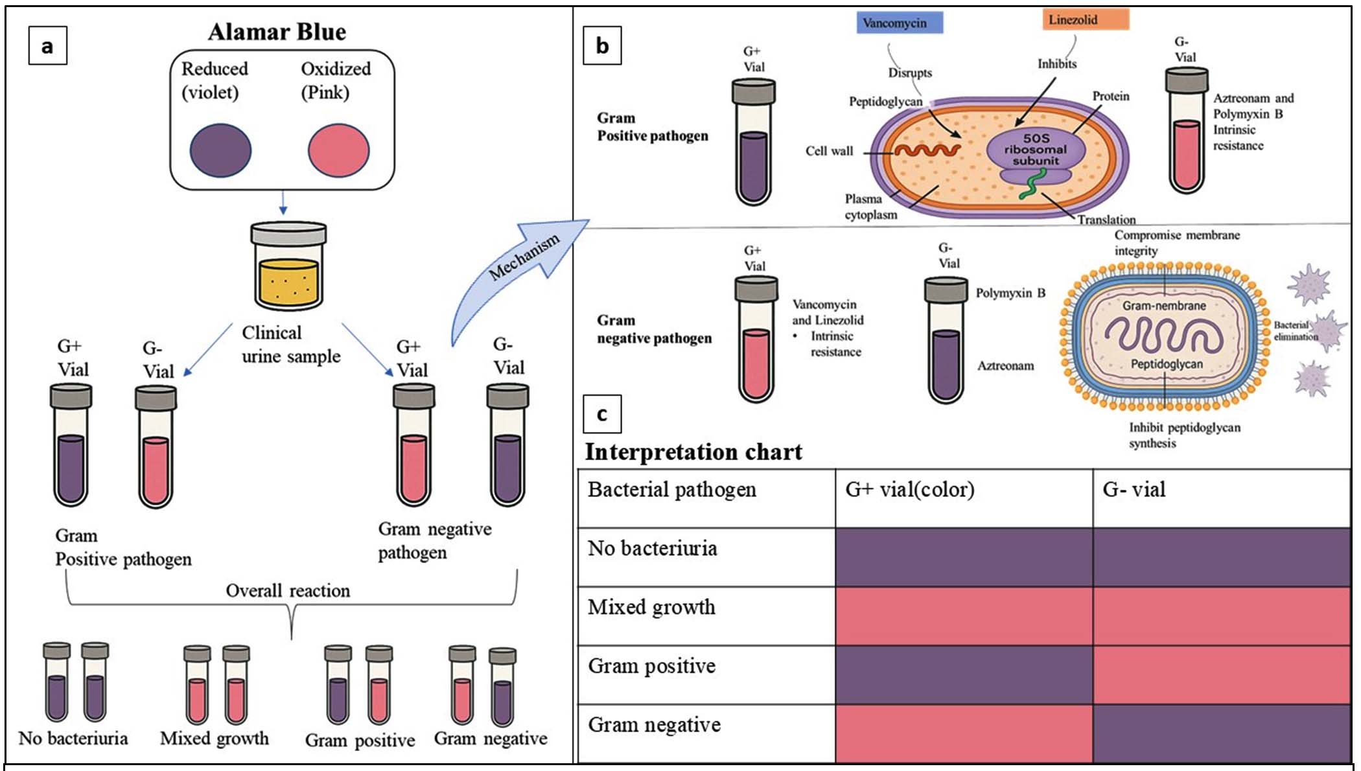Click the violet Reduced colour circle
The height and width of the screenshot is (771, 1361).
tap(220, 150)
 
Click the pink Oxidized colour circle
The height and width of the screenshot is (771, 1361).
tap(338, 150)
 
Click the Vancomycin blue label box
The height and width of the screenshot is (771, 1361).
tap(899, 23)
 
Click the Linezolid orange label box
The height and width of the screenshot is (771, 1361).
tap(1085, 20)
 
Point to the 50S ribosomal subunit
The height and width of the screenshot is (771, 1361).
tap(1036, 150)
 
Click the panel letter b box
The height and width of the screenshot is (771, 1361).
tap(602, 46)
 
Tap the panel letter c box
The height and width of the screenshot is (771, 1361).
tap(602, 414)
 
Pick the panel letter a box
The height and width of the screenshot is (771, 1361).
tap(47, 46)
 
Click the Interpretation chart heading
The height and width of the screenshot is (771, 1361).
tap(693, 452)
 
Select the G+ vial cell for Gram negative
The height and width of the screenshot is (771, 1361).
tap(964, 733)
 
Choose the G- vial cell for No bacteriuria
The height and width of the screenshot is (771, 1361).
tap(1221, 557)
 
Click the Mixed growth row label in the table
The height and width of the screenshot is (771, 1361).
tap(651, 608)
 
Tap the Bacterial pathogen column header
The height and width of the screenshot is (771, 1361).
tap(671, 490)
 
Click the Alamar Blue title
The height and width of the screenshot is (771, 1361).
tap(277, 32)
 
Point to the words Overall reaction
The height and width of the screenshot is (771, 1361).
tap(288, 591)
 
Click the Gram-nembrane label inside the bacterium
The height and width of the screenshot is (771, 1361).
tap(1164, 306)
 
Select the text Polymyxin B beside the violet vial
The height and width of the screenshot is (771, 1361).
tap(1010, 293)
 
